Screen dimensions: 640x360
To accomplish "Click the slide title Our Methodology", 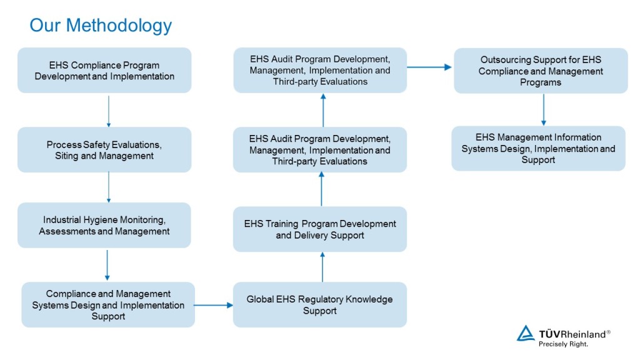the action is coord(101,25).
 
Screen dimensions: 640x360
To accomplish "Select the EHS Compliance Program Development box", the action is coord(104,70).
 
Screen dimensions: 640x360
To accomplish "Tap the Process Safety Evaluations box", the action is coord(104,150).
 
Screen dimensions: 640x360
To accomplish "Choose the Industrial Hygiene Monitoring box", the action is coord(104,225).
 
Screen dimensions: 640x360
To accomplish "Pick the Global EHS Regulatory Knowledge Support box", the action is coord(320,304).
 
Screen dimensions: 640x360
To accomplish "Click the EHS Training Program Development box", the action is coord(320,229).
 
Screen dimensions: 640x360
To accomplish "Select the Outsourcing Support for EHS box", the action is coord(541,71).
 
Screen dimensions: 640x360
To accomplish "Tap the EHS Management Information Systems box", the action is coord(538,148).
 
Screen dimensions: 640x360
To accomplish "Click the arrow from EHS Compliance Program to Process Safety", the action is coord(109,111).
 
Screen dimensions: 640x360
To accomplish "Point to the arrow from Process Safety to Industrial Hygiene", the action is coord(109,187).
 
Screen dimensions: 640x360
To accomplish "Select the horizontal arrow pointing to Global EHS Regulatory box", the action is coord(213,305).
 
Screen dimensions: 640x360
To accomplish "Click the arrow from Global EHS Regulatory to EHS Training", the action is coord(322,267).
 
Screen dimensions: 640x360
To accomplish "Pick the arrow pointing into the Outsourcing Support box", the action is coord(429,67).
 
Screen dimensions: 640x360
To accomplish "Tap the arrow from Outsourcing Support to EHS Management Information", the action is coord(543,109).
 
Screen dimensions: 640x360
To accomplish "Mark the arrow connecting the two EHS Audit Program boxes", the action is coord(323,110).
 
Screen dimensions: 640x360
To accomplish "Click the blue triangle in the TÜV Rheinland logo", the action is coord(526,333).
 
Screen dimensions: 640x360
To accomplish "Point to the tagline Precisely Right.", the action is coord(563,344).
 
